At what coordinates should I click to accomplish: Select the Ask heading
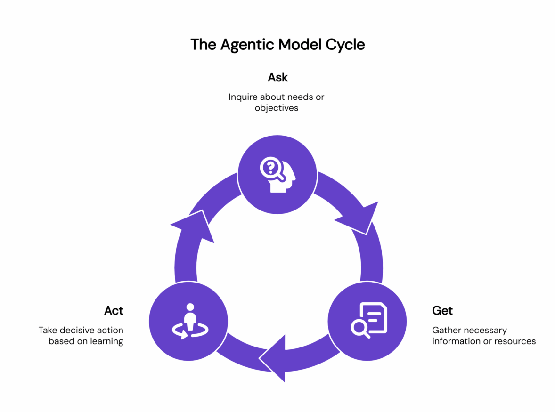click(277, 77)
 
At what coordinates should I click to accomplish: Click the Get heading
click(442, 311)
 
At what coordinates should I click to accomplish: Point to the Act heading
click(114, 311)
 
